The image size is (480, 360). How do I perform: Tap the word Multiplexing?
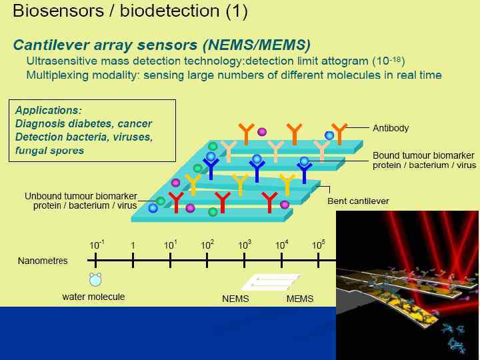pyautogui.click(x=58, y=75)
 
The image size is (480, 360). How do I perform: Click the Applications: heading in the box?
pyautogui.click(x=49, y=111)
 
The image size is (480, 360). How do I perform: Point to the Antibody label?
pyautogui.click(x=391, y=128)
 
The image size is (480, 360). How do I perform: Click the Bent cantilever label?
pyautogui.click(x=358, y=201)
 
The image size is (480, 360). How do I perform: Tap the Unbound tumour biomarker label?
pyautogui.click(x=80, y=196)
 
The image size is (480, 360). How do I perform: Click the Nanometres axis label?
pyautogui.click(x=43, y=261)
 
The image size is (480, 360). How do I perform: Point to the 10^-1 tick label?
pyautogui.click(x=97, y=245)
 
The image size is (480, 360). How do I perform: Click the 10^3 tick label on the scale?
pyautogui.click(x=245, y=245)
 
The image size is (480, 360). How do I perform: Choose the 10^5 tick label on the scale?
pyautogui.click(x=319, y=245)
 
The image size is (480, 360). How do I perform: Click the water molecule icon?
pyautogui.click(x=96, y=279)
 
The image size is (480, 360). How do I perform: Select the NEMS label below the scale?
pyautogui.click(x=235, y=299)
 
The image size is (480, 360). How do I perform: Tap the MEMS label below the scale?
pyautogui.click(x=300, y=299)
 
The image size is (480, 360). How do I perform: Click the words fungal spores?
pyautogui.click(x=49, y=150)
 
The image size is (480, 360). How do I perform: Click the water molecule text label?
pyautogui.click(x=93, y=297)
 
